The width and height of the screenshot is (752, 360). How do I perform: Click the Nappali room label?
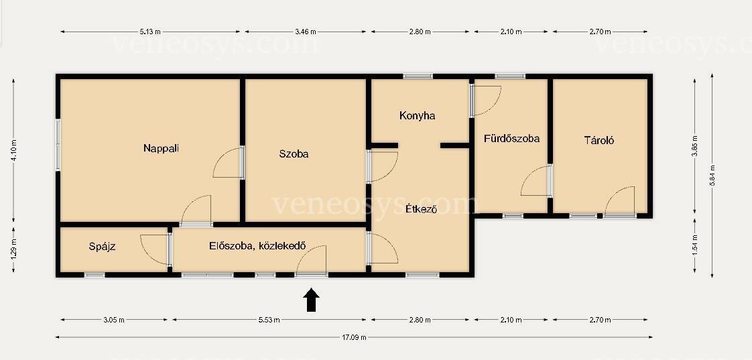(x=161, y=148)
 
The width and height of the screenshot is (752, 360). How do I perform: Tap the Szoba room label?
(x=294, y=154)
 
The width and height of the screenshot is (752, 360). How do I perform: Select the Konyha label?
(x=418, y=116)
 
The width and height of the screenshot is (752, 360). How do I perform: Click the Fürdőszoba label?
(x=512, y=139)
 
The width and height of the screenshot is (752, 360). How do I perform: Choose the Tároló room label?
(x=599, y=141)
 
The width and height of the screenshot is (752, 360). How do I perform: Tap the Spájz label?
(x=102, y=247)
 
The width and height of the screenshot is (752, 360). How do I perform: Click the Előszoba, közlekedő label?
(x=257, y=246)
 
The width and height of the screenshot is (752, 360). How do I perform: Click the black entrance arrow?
(x=311, y=300)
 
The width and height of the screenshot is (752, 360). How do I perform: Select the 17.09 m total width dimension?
(x=354, y=337)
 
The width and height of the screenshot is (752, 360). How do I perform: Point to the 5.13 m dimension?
(x=150, y=32)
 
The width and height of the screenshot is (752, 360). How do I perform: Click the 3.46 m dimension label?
(x=306, y=32)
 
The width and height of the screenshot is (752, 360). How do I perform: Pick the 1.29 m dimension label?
(x=13, y=249)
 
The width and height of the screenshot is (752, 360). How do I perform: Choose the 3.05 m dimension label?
(x=114, y=320)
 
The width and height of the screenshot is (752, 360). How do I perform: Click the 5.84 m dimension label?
(x=712, y=176)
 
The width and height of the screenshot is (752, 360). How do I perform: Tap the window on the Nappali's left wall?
(x=58, y=145)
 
